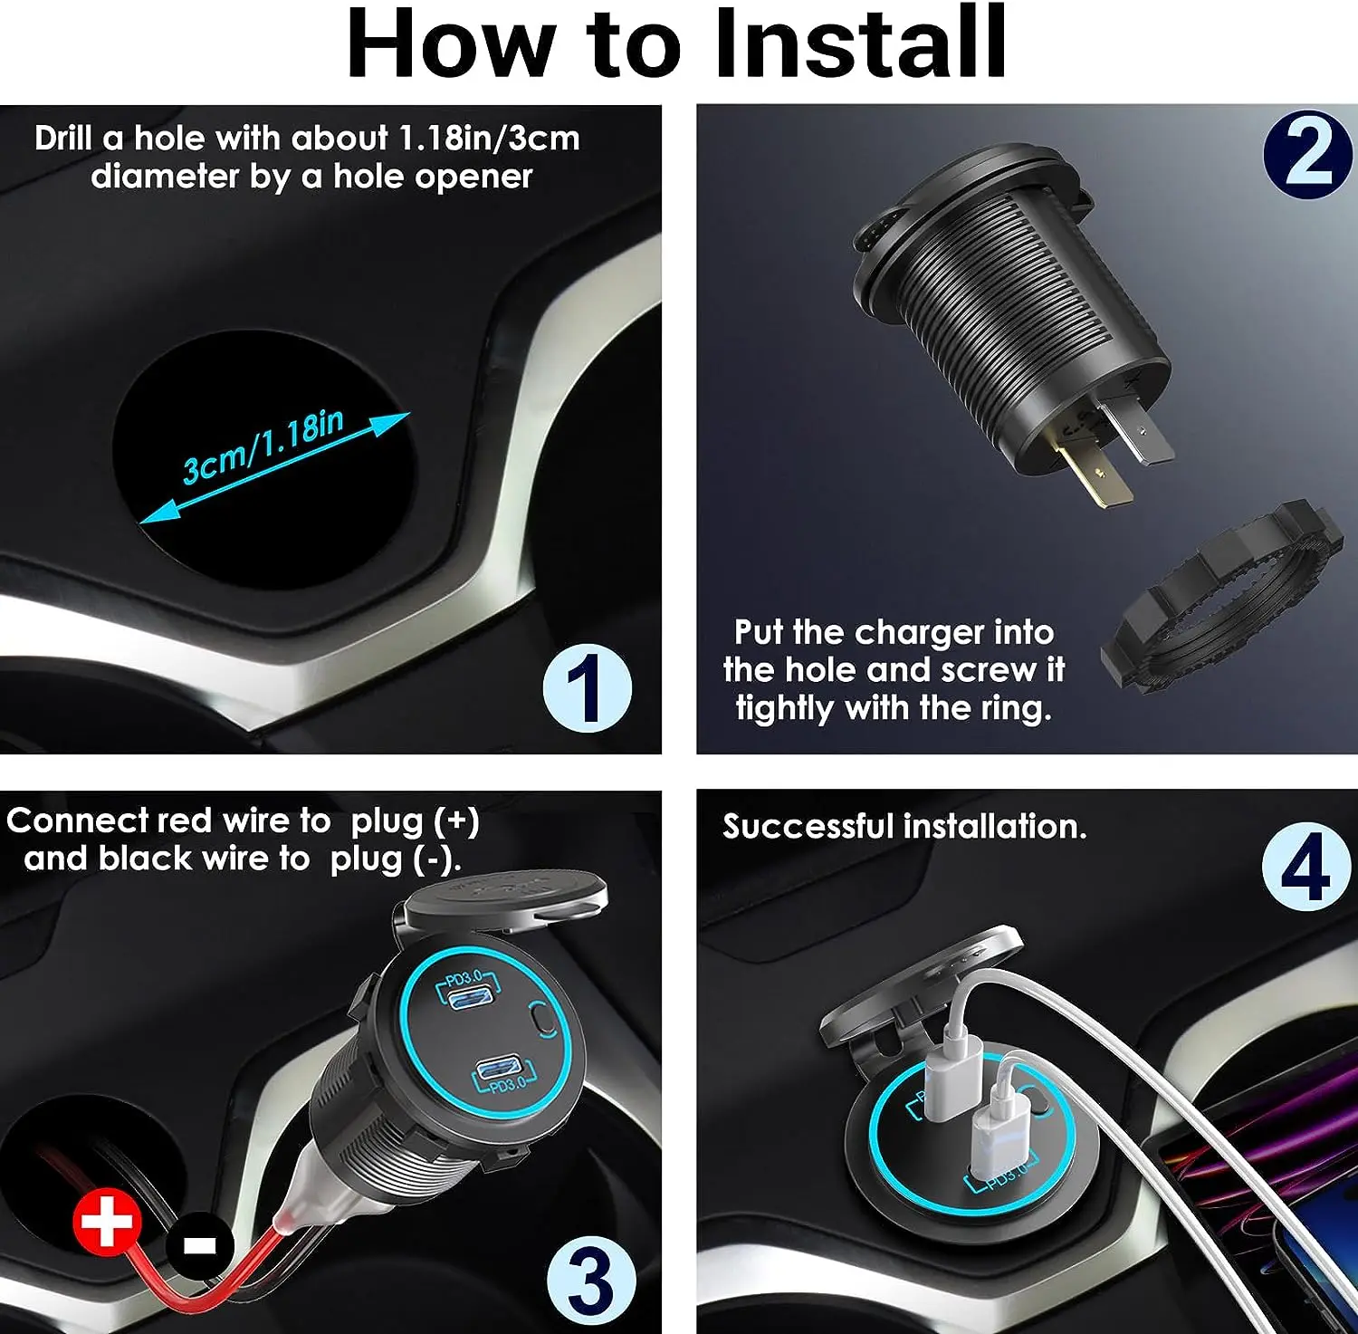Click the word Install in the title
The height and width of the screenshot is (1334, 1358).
(x=860, y=43)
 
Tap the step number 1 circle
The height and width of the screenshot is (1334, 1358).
(x=587, y=688)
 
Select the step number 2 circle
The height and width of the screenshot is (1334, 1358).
(x=1308, y=155)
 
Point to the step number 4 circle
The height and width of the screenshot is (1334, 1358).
(x=1306, y=867)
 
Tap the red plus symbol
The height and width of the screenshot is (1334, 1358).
(x=107, y=1223)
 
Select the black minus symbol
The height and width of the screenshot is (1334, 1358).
(x=199, y=1246)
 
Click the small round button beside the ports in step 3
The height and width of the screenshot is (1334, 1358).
(x=544, y=1020)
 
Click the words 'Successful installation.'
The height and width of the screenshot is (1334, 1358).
(x=904, y=827)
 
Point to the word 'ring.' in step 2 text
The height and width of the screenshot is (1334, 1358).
(x=1017, y=708)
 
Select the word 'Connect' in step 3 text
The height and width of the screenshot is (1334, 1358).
(x=77, y=821)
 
